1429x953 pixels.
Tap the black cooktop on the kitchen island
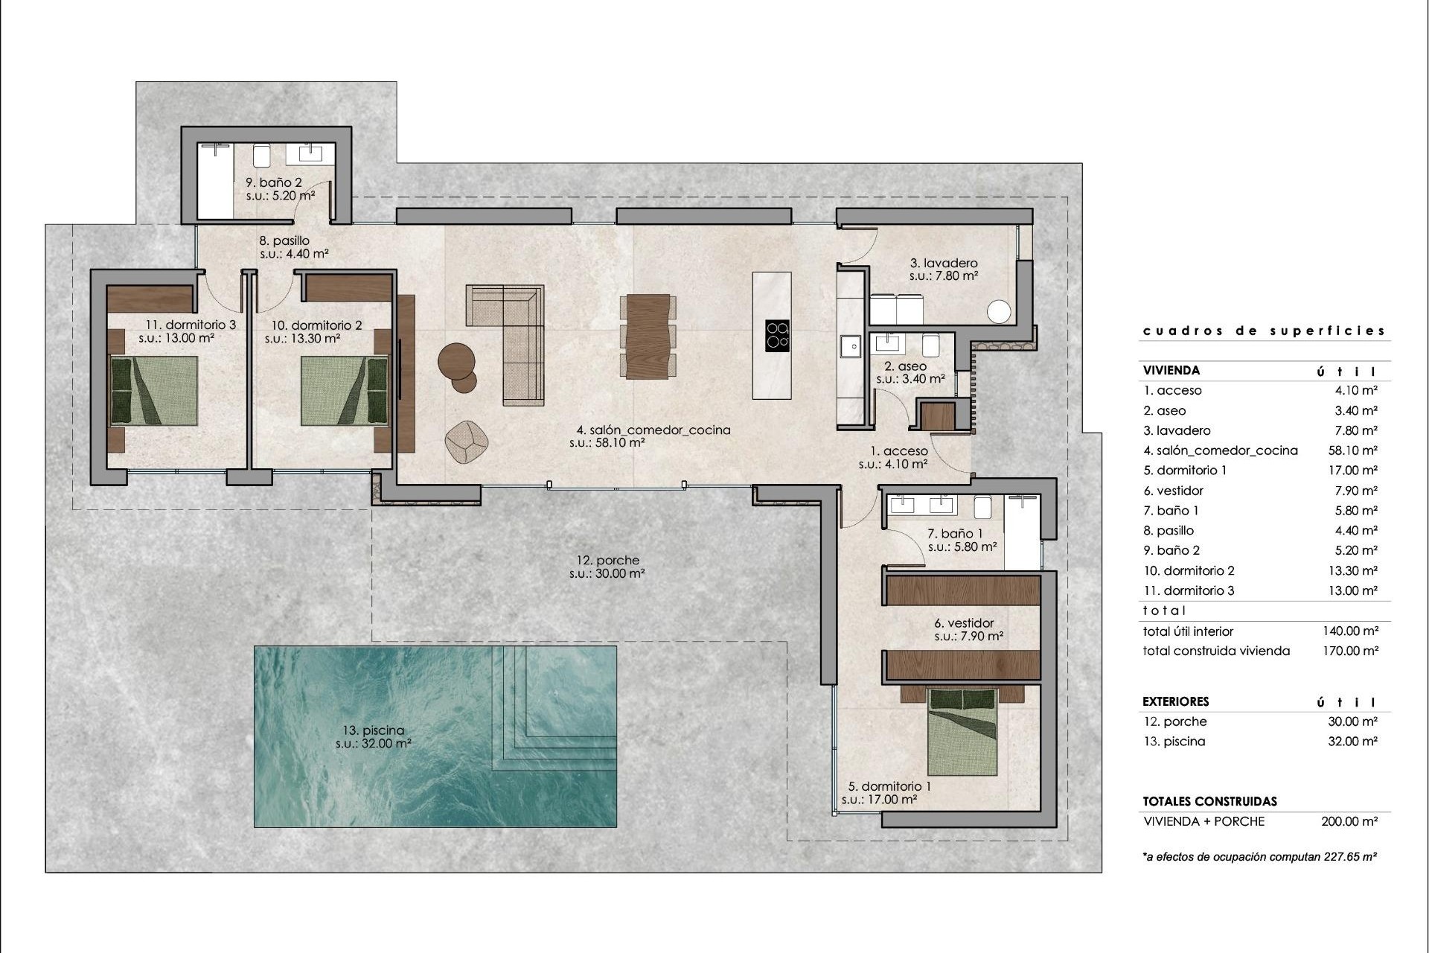pos(777,335)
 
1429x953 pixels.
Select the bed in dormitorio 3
pos(154,391)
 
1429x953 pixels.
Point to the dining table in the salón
pos(648,337)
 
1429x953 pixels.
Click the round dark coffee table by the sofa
pos(456,360)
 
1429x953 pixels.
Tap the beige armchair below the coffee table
pos(466,441)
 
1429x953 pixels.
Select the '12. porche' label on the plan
pos(607,561)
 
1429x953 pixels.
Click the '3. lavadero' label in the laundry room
pos(944,263)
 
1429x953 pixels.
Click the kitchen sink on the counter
pos(849,346)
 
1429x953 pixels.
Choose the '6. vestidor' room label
pos(964,623)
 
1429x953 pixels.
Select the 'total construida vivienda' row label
pos(1216,651)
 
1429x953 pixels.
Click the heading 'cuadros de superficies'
pos(1264,331)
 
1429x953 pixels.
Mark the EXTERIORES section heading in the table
pos(1175,701)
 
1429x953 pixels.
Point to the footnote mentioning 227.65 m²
pos(1259,857)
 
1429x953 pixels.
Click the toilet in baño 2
pos(261,156)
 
